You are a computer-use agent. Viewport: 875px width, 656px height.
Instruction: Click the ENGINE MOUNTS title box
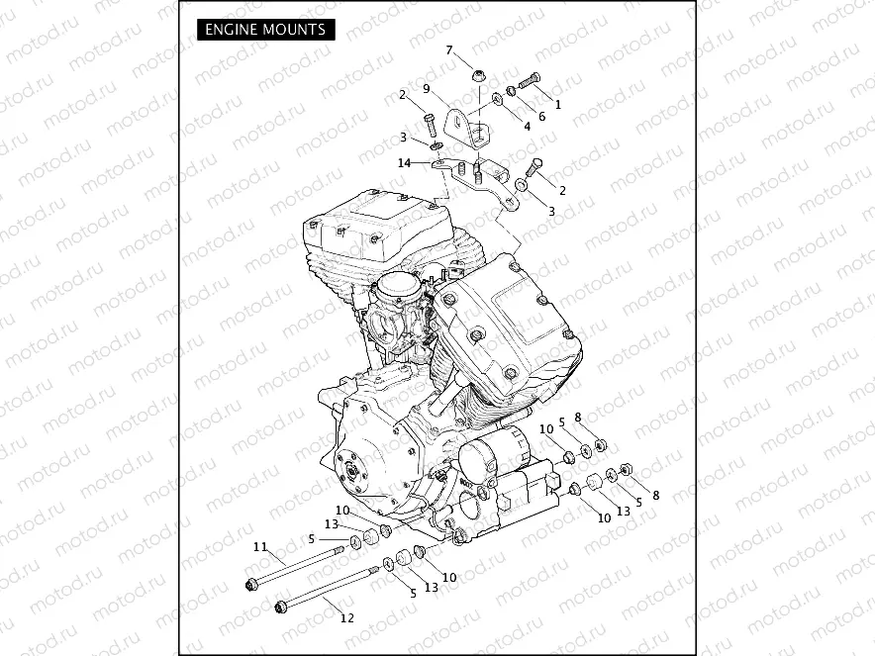click(265, 30)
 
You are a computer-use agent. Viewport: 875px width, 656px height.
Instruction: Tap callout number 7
click(449, 49)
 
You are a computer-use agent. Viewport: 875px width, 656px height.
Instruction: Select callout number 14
click(404, 162)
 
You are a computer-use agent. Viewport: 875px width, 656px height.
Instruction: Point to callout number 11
click(260, 546)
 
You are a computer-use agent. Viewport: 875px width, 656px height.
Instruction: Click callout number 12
click(346, 618)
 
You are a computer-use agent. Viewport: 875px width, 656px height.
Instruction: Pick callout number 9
click(427, 88)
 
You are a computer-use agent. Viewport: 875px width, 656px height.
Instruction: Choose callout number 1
click(557, 103)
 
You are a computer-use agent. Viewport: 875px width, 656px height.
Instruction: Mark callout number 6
click(541, 117)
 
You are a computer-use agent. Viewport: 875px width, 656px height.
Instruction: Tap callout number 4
click(527, 127)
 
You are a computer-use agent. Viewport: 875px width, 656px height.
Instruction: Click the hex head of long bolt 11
click(250, 586)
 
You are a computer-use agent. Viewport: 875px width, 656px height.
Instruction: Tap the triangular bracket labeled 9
click(462, 125)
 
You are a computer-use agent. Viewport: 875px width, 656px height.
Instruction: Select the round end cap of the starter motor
click(477, 465)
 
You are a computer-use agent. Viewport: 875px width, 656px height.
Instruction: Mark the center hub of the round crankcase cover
click(347, 473)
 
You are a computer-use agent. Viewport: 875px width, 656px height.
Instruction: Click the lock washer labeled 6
click(512, 91)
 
